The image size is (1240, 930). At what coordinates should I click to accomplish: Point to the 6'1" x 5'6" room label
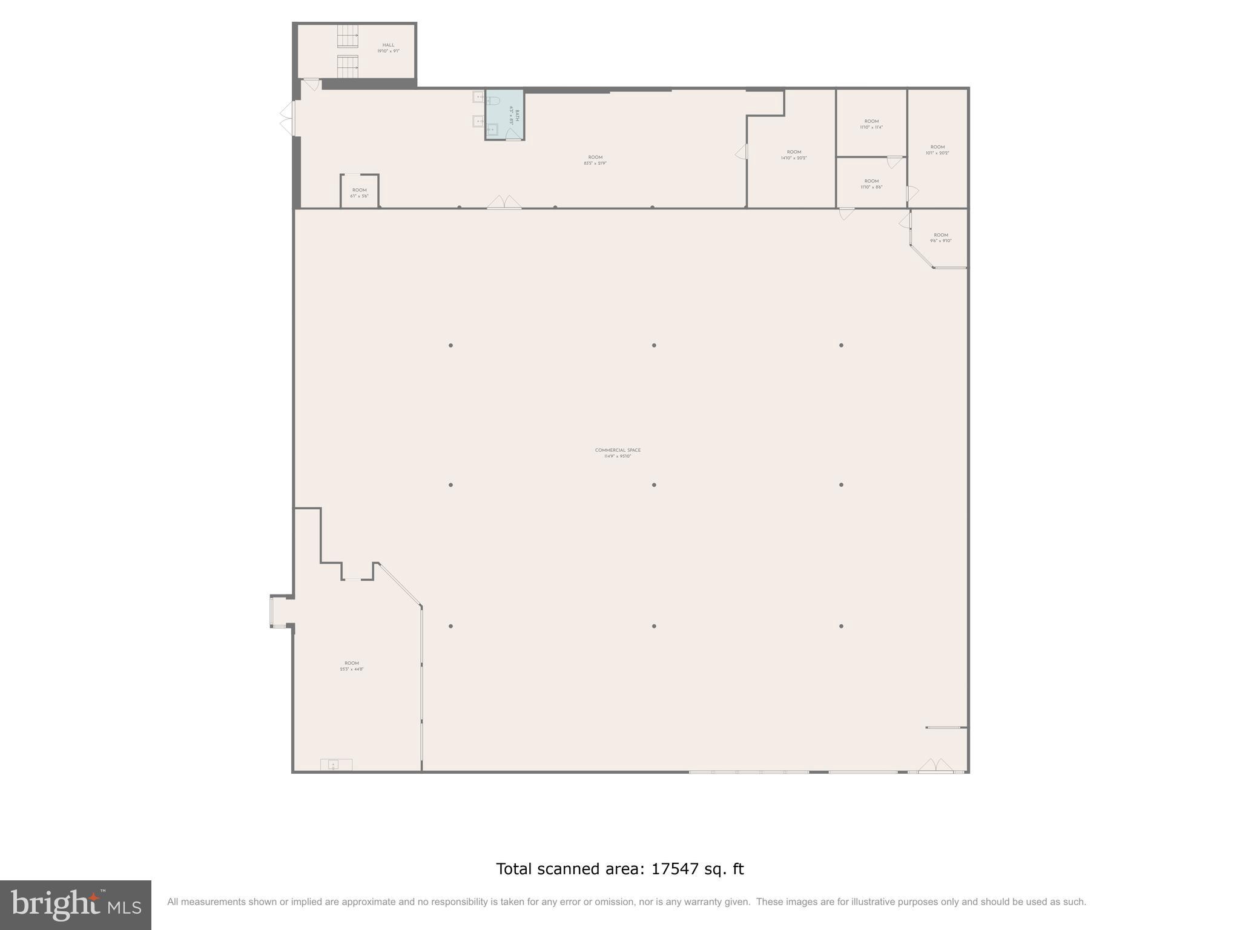(x=359, y=193)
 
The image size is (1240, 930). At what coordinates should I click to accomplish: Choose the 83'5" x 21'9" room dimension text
(x=595, y=163)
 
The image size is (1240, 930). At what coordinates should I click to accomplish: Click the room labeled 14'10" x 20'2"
(x=794, y=155)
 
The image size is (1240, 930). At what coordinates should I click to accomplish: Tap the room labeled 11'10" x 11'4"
(x=871, y=124)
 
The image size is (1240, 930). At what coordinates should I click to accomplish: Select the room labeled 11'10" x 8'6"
(x=871, y=184)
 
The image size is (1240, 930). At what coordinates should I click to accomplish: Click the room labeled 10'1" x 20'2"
(x=937, y=150)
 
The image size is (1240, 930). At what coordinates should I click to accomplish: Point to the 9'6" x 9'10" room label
(x=941, y=238)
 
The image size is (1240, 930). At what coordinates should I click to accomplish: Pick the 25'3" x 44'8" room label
(x=352, y=666)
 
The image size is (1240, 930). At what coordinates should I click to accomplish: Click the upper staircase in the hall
(x=348, y=36)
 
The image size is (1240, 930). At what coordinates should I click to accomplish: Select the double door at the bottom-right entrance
(x=935, y=766)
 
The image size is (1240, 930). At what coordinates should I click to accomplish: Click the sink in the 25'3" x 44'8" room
(x=333, y=765)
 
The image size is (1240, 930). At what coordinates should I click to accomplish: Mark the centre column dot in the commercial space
(x=654, y=485)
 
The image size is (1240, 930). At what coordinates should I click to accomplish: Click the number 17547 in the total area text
(x=674, y=869)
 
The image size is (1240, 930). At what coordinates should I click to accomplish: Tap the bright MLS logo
(x=76, y=905)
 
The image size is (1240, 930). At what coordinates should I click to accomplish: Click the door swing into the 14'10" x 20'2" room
(x=742, y=152)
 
